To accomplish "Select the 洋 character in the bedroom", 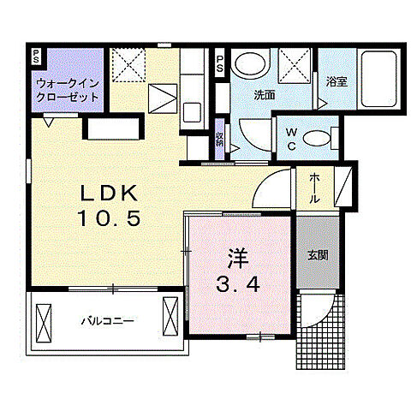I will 237,256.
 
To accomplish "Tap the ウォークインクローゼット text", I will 66,90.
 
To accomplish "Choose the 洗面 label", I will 264,96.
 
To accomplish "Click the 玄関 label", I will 318,254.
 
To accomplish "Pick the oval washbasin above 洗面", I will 250,64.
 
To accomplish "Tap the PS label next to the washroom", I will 220,61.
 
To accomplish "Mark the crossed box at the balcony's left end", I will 44,319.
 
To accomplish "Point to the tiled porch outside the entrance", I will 324,341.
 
